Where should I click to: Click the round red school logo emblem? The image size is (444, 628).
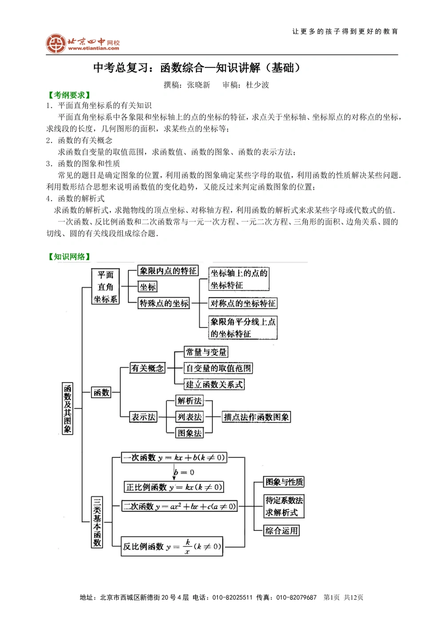(56, 43)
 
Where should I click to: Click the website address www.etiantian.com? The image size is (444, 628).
(94, 48)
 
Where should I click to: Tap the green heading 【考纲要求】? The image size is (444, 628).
(69, 95)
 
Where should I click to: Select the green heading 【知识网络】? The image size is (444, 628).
(69, 257)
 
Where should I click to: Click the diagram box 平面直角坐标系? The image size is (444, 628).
(106, 287)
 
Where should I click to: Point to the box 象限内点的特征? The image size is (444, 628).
(168, 271)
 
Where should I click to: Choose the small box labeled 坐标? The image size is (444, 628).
(148, 287)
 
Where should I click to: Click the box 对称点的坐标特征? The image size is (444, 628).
(243, 304)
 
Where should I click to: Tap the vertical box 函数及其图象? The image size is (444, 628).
(67, 408)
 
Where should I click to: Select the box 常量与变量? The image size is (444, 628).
(206, 352)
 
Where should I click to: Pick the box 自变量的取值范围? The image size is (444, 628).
(218, 368)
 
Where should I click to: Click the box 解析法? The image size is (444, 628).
(190, 401)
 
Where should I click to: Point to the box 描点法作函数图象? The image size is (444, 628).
(256, 417)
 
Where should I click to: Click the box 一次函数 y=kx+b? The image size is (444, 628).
(174, 458)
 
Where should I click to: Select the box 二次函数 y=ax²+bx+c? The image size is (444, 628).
(179, 506)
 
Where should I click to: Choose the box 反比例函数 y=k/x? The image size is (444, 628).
(172, 547)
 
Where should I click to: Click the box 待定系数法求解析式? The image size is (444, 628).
(284, 506)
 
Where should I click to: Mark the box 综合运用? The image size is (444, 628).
(281, 531)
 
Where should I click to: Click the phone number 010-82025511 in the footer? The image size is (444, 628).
(232, 597)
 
